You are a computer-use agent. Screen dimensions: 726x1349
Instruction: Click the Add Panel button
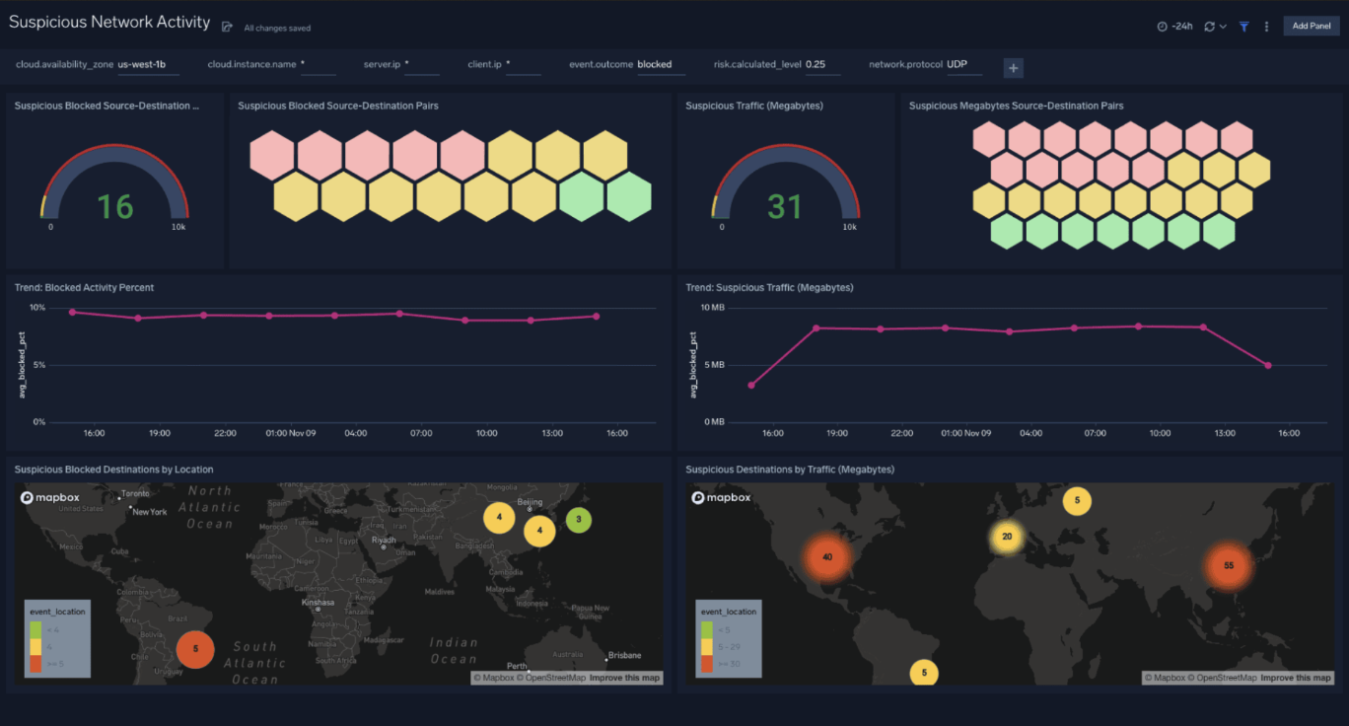[1311, 26]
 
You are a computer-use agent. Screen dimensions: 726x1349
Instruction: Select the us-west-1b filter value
[142, 65]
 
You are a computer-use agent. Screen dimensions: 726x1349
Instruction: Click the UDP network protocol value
[958, 65]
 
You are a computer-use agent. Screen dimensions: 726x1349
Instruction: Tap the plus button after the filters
[1013, 67]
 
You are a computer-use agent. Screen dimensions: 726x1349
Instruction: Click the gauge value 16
[114, 206]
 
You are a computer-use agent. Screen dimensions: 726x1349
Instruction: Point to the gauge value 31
[785, 206]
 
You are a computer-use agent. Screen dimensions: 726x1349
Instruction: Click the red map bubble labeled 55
[1228, 566]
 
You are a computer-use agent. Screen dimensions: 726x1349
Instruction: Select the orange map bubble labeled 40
[826, 557]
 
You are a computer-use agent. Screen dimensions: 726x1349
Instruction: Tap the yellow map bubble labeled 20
[1007, 537]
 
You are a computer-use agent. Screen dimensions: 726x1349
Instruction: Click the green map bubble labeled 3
[579, 519]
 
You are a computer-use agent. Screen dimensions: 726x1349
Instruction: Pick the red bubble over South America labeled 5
[195, 649]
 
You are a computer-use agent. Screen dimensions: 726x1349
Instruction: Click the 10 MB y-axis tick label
[712, 308]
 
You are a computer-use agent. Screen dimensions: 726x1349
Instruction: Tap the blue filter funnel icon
[1244, 27]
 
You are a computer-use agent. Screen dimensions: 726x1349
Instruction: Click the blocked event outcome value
[654, 65]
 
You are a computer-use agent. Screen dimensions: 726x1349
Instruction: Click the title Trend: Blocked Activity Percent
[84, 288]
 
